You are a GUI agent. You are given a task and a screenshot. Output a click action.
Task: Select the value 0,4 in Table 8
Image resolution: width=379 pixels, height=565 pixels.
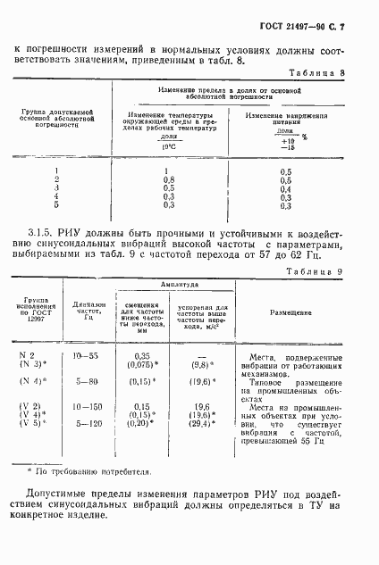[286, 188]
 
